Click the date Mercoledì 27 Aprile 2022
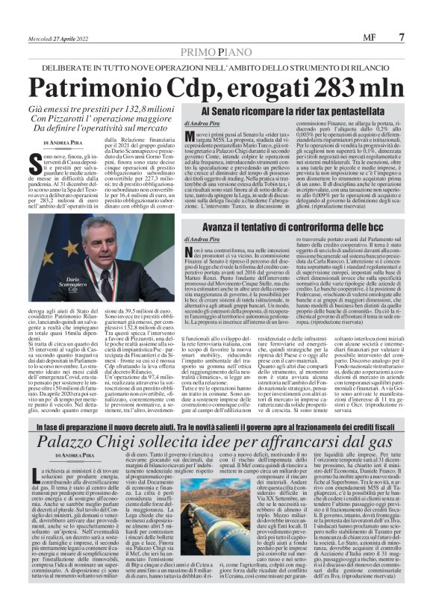point(59,37)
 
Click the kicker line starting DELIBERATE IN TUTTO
point(216,67)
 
